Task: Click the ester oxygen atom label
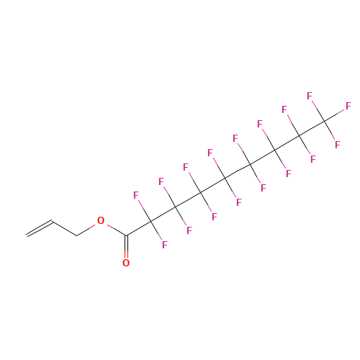pos(101,220)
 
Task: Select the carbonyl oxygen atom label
pos(126,263)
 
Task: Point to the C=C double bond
pos(40,228)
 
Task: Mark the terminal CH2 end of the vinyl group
pos(27,235)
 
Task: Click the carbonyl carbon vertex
pos(126,235)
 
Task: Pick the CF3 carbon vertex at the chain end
pos(325,121)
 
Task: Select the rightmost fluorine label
pos(348,106)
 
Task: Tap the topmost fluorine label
pos(310,96)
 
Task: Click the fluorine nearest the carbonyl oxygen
pos(164,245)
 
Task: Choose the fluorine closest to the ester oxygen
pos(136,195)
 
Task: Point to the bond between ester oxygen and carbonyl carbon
pos(117,230)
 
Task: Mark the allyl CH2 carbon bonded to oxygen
pos(77,235)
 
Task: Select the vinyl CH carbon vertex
pos(52,221)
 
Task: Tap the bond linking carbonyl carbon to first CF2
pos(139,228)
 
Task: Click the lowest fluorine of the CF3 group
pos(338,145)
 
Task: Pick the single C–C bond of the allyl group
pos(64,228)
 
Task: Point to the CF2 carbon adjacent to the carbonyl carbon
pos(151,221)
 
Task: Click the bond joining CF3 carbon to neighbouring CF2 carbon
pos(312,128)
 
